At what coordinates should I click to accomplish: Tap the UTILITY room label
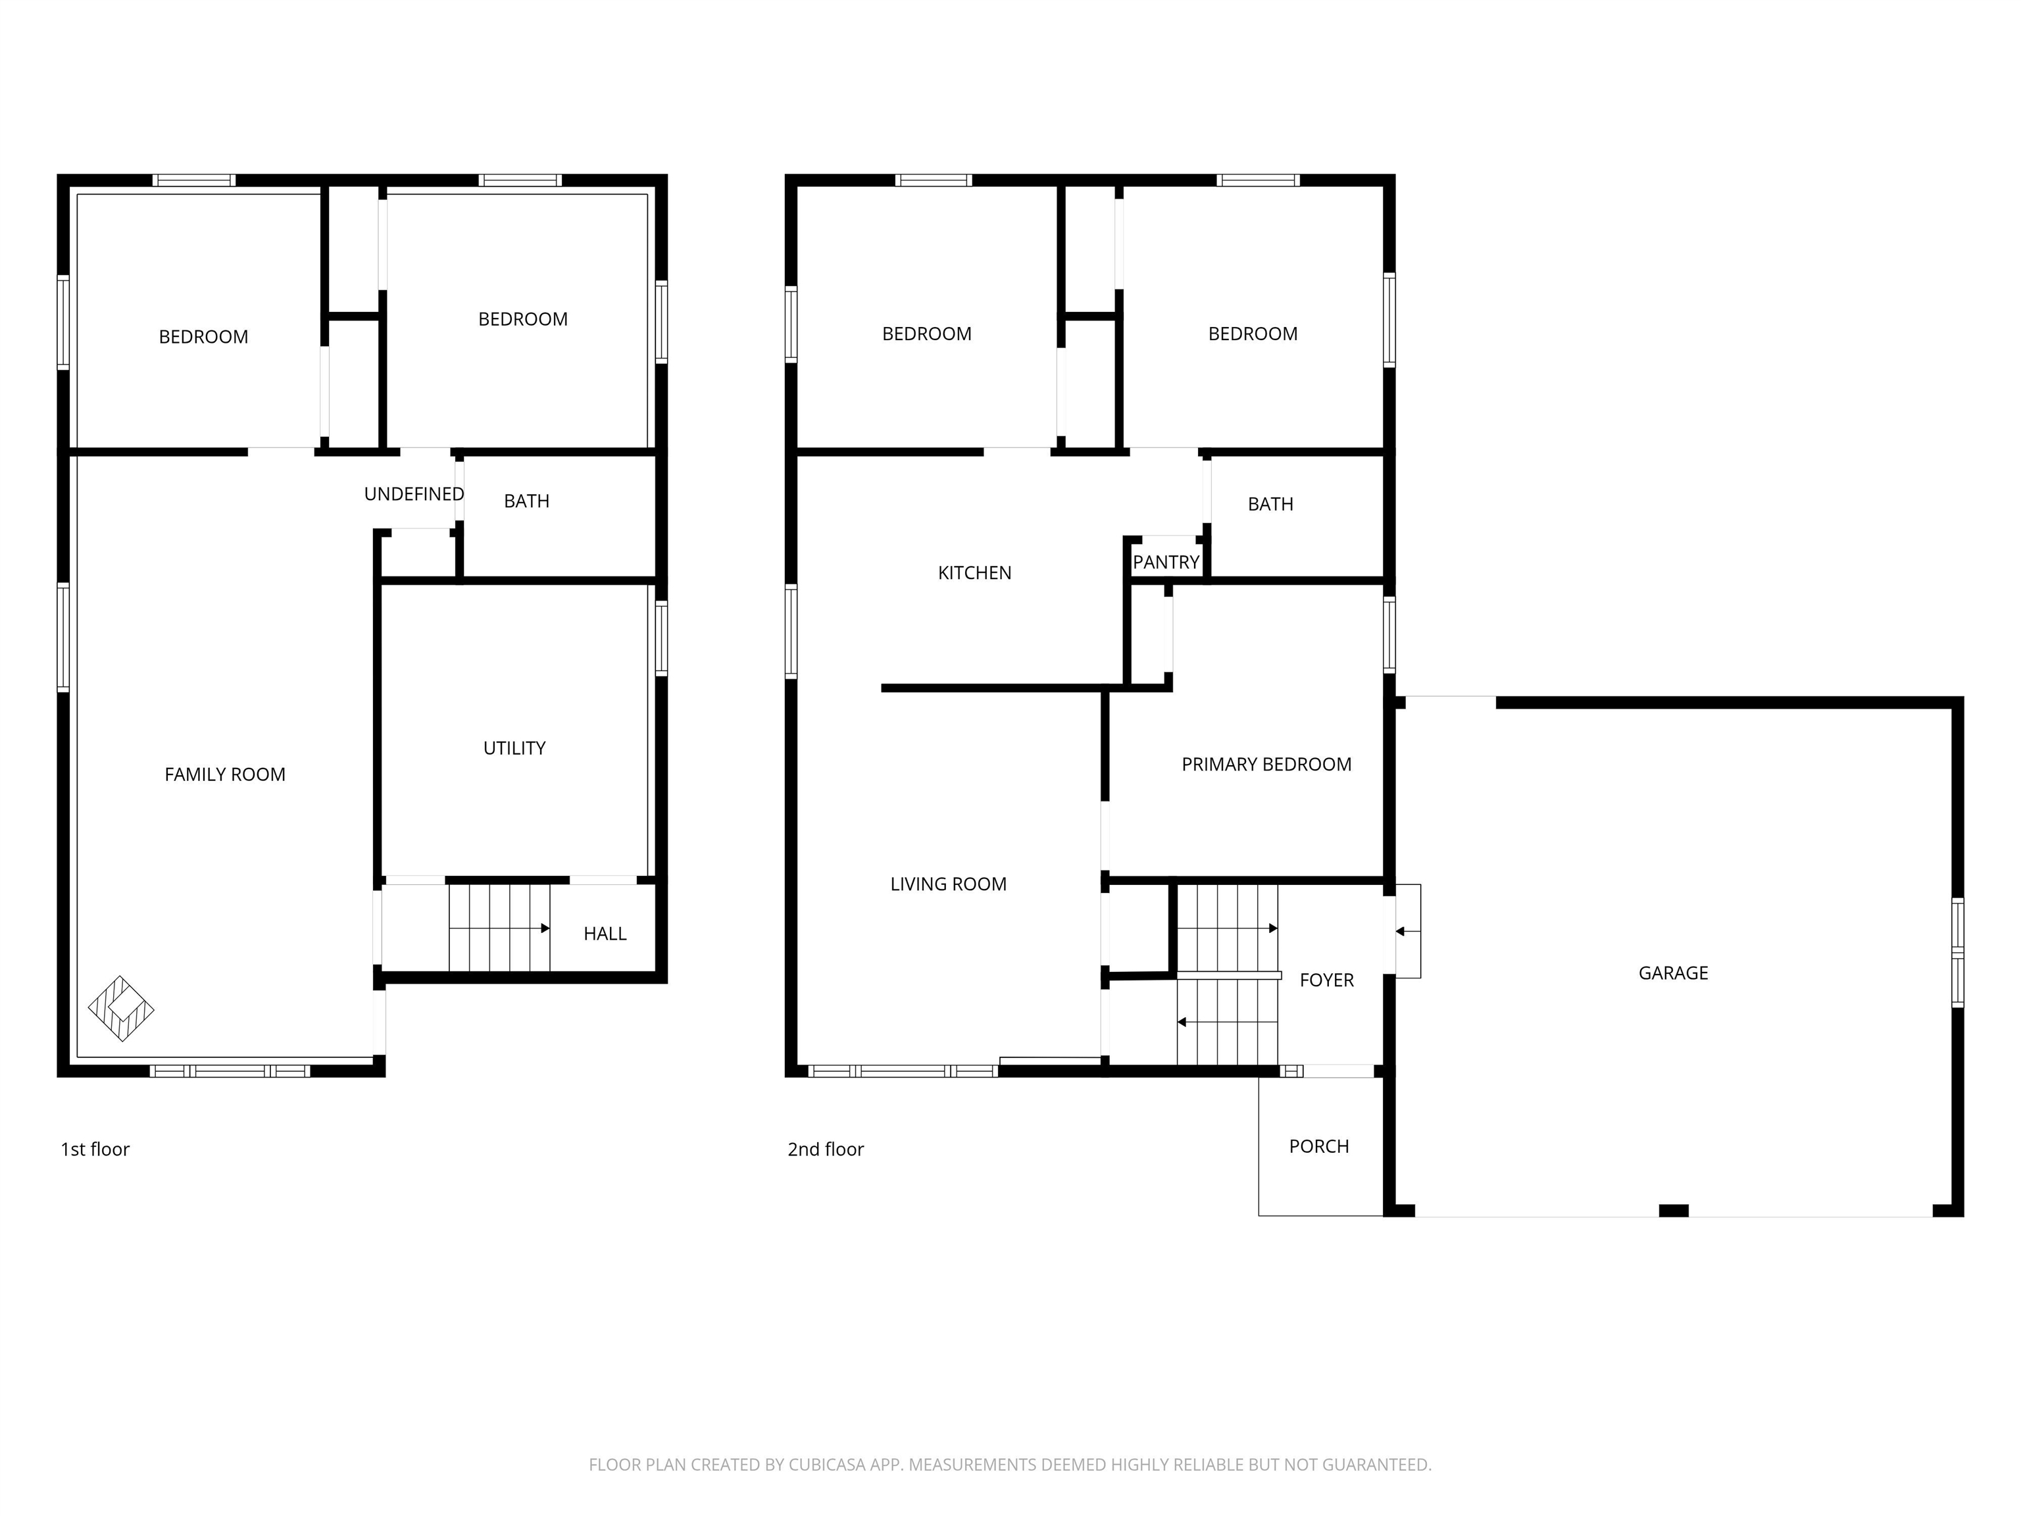click(514, 748)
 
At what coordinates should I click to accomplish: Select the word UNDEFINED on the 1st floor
click(414, 494)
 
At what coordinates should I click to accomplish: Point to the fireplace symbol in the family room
click(120, 1009)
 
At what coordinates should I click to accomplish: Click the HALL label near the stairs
click(605, 934)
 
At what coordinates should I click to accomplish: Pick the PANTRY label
click(1166, 563)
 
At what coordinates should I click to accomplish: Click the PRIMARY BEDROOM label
click(1266, 765)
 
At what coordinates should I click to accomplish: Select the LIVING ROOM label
click(949, 884)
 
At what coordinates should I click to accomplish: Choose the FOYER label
click(1327, 980)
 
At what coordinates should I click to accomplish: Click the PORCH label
click(1318, 1147)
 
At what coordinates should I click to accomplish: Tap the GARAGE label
click(1673, 973)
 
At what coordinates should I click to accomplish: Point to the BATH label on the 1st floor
click(526, 501)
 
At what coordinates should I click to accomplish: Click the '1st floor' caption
click(95, 1150)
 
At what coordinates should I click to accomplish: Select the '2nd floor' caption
click(825, 1150)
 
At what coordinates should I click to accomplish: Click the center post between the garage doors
click(1673, 1211)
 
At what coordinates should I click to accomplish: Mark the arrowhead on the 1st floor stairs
click(545, 928)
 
